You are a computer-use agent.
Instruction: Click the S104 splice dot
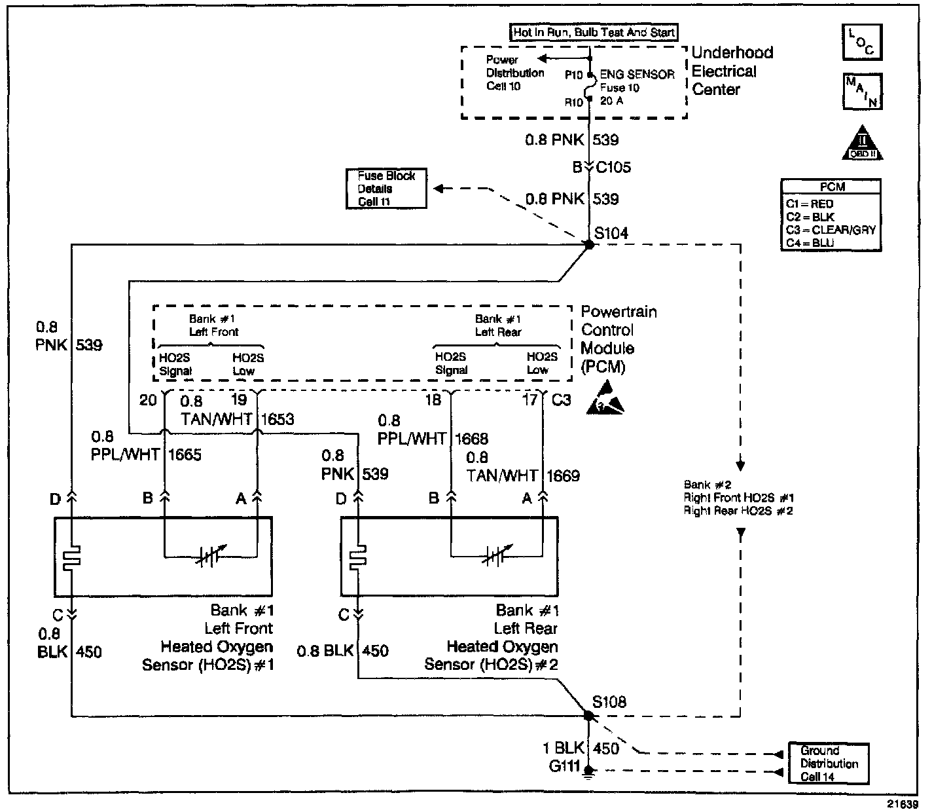(x=589, y=245)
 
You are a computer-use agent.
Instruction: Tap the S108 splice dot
(x=588, y=716)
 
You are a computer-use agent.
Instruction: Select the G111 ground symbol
(x=588, y=771)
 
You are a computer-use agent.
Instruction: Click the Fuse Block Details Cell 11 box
(x=386, y=189)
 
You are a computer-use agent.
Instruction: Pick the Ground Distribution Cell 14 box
(x=829, y=764)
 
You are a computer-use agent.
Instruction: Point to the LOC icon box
(x=863, y=42)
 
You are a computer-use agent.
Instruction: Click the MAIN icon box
(x=863, y=91)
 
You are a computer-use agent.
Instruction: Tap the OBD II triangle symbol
(x=863, y=143)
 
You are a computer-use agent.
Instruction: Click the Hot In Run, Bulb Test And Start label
(x=594, y=32)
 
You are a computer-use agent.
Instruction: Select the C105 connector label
(x=613, y=167)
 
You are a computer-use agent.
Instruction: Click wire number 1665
(x=185, y=454)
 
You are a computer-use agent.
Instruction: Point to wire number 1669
(x=563, y=476)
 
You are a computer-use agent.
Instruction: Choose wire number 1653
(x=278, y=419)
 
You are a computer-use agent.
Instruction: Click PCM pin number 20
(x=148, y=400)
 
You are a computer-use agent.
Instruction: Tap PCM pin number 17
(x=530, y=400)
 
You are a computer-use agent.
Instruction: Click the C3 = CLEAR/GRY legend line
(x=831, y=230)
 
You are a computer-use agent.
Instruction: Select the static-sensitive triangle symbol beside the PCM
(x=605, y=399)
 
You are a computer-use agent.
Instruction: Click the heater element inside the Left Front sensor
(x=72, y=557)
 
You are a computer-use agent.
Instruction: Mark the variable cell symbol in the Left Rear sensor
(x=497, y=557)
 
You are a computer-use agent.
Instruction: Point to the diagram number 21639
(x=902, y=804)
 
